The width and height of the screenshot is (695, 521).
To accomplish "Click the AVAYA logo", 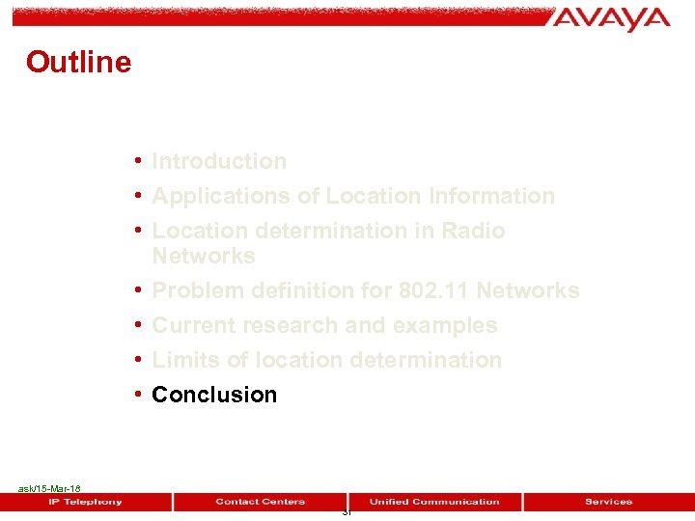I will coord(612,18).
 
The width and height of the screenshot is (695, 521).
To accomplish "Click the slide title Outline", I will coord(78,62).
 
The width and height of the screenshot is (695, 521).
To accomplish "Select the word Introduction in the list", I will coord(219,161).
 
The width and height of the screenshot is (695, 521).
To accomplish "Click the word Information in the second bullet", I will coord(492,196).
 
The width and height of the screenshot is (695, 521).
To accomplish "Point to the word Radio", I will coord(473,231).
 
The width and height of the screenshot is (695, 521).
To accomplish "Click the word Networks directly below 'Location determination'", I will coord(204,256).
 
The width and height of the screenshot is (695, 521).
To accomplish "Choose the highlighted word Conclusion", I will coord(214,395).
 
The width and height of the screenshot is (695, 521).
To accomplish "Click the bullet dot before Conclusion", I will coord(140,395).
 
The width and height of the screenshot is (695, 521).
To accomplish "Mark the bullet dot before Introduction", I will coord(140,161).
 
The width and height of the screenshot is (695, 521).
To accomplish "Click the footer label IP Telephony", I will coord(86,502).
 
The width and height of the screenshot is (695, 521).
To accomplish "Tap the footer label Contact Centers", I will coord(260,502).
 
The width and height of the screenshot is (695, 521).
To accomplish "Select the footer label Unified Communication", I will coord(434,502).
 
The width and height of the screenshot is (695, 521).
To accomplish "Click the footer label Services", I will coord(608,502).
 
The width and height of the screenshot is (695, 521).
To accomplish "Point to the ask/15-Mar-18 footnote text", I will coord(49,489).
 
